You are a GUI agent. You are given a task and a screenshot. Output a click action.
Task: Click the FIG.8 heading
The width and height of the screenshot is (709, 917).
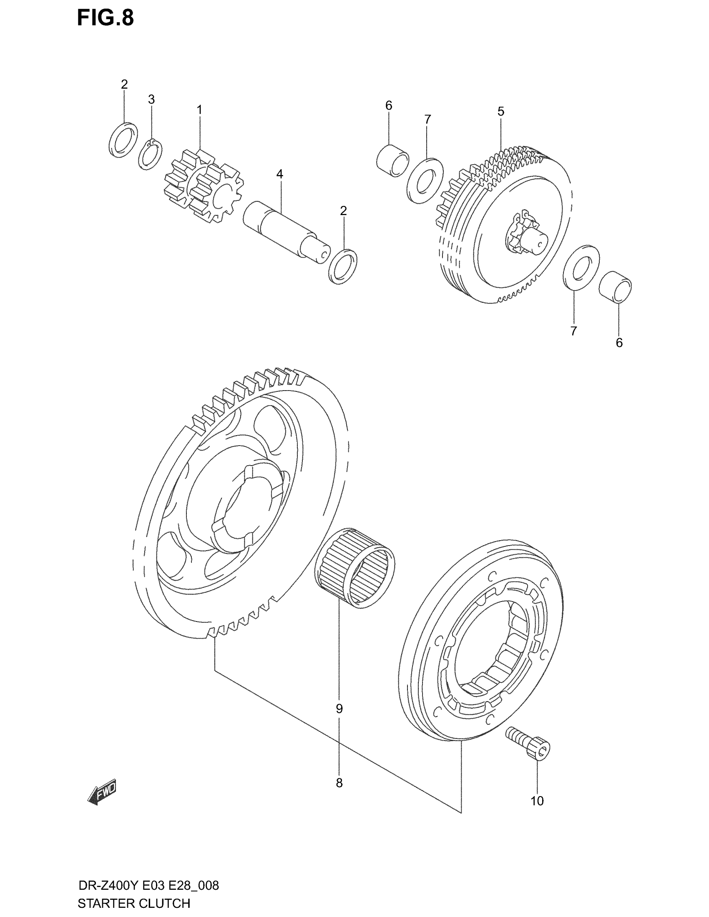[106, 18]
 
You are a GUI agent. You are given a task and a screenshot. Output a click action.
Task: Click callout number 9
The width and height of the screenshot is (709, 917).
[339, 709]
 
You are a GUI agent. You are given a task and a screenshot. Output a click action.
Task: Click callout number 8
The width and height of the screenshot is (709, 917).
[339, 783]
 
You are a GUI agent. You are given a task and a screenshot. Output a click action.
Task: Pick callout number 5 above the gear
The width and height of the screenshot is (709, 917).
[500, 111]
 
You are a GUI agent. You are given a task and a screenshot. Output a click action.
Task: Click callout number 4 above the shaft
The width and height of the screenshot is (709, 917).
[280, 174]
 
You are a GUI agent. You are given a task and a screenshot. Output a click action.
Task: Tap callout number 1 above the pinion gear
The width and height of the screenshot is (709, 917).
[199, 110]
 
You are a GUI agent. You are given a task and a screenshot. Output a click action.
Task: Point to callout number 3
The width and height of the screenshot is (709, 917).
[151, 100]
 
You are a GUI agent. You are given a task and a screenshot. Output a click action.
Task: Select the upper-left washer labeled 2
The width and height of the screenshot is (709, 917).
[123, 140]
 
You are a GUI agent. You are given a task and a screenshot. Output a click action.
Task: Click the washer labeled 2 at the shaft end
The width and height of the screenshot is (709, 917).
[344, 266]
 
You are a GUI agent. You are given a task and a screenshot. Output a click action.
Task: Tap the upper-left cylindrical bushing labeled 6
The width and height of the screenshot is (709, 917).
[392, 160]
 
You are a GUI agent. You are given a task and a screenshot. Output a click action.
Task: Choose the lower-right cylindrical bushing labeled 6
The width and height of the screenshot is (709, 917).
[615, 287]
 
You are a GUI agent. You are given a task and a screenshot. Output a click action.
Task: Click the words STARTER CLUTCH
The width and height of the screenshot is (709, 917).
[134, 903]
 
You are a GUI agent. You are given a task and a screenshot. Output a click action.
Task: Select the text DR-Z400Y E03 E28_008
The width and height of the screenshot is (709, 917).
[149, 886]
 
